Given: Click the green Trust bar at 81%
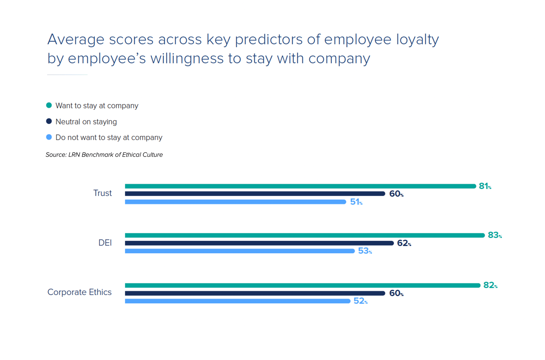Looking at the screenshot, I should coord(300,186).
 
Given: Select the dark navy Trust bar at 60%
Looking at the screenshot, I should coord(255,194).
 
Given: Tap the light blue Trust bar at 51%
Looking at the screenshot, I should coord(235,202).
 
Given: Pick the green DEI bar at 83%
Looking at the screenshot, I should coord(305,235).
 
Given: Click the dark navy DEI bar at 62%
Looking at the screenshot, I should coord(259,243).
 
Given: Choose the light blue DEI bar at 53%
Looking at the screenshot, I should coord(240,251).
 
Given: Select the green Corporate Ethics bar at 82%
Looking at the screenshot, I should coord(302,285).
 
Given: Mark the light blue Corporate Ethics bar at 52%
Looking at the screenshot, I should coord(237,301).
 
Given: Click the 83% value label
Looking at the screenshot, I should coord(494,235).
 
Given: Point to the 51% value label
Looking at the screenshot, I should coord(356,202).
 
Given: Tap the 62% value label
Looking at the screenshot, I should coord(404,243).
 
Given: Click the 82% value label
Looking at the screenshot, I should coord(490,285).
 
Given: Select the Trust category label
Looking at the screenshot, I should coord(102,193).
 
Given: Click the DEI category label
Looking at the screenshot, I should coord(105,243).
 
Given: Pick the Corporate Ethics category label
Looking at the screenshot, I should coord(79,292).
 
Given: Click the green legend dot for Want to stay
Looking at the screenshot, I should coord(49,105).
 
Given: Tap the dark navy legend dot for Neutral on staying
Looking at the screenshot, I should coord(49,121).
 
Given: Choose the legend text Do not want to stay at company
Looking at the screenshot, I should coord(109,138).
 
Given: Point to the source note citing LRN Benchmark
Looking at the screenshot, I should coord(104,155).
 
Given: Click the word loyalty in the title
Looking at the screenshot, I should coord(417,40).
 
